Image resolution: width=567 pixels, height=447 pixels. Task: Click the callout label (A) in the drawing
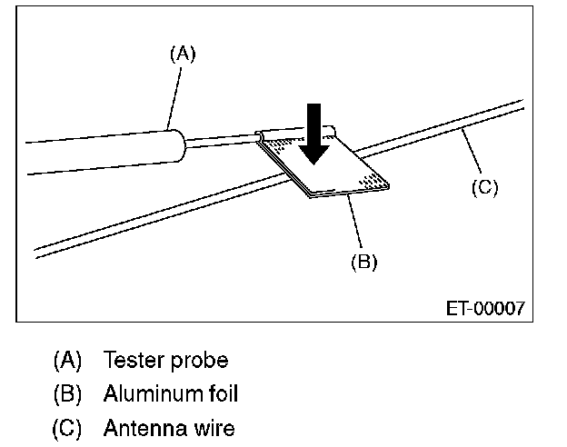tap(183, 55)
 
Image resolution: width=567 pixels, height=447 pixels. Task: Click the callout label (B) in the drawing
tap(363, 261)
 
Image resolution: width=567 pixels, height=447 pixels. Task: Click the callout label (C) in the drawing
tap(484, 188)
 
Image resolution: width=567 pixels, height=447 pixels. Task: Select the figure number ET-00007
tap(485, 309)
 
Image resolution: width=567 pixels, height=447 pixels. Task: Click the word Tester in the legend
tap(134, 360)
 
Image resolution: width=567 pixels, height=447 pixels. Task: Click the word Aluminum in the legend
tap(154, 393)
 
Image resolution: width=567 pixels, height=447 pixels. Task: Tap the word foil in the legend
tap(224, 393)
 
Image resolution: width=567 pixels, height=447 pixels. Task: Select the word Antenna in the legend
tap(145, 428)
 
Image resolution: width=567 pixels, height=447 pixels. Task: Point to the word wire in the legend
tap(214, 428)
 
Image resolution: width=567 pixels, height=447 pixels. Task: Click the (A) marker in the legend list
tap(67, 360)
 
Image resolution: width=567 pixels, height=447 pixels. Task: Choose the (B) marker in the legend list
tap(67, 393)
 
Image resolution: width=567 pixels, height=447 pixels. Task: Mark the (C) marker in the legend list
tap(67, 428)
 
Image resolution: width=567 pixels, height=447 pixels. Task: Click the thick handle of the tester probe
tap(104, 152)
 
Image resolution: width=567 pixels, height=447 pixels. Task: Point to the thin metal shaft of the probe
tap(223, 140)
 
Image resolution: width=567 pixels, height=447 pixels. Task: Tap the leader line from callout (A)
tap(174, 98)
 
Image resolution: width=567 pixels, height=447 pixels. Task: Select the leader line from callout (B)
tap(354, 221)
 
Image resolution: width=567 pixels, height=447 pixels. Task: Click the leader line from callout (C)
tap(472, 151)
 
